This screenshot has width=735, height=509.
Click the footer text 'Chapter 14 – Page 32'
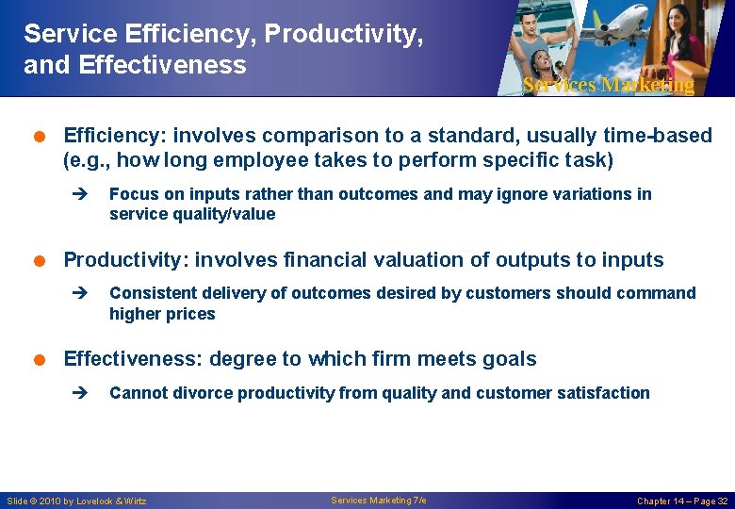coord(681,501)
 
